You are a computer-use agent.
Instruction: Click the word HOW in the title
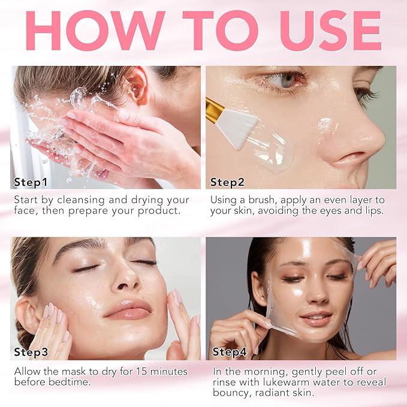point(95,31)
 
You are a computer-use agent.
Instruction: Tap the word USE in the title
point(331,31)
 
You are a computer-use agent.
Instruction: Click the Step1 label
point(31,182)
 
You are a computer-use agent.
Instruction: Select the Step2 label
point(227,182)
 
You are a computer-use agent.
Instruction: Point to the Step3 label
point(31,352)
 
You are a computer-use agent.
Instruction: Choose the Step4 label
point(230,352)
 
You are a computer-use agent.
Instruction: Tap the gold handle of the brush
point(214,107)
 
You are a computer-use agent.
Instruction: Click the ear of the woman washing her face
point(138,86)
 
